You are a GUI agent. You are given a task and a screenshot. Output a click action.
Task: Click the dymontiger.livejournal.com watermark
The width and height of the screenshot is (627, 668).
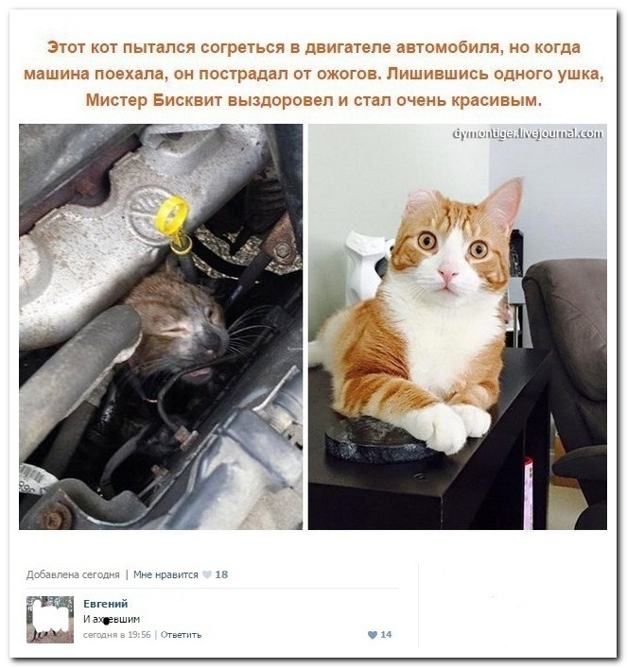pos(528,133)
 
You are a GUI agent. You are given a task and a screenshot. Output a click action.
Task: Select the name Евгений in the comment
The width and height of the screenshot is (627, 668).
pos(105,603)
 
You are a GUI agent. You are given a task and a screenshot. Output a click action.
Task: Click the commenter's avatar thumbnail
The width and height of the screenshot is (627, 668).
pos(50,619)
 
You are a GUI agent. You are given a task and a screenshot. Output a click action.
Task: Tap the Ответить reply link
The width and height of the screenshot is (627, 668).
pos(181,635)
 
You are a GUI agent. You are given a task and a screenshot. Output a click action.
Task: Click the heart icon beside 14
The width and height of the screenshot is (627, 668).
pos(372,635)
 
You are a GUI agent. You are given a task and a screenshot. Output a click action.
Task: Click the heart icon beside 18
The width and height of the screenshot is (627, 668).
pos(207,574)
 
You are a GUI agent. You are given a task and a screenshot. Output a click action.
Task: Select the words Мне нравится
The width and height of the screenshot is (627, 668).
pos(165,574)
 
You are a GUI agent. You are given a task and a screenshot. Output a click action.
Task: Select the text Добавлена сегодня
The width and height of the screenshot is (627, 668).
pos(73,574)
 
